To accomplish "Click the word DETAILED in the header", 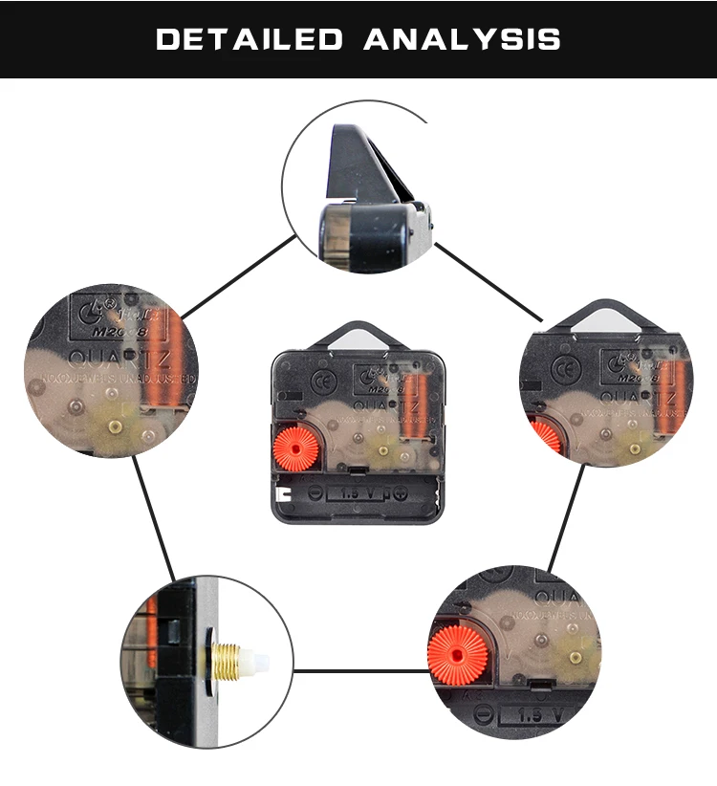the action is point(249,39).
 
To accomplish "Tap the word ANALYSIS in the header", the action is point(462,39).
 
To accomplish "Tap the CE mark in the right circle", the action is point(566,368).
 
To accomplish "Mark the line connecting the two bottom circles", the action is point(358,670).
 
